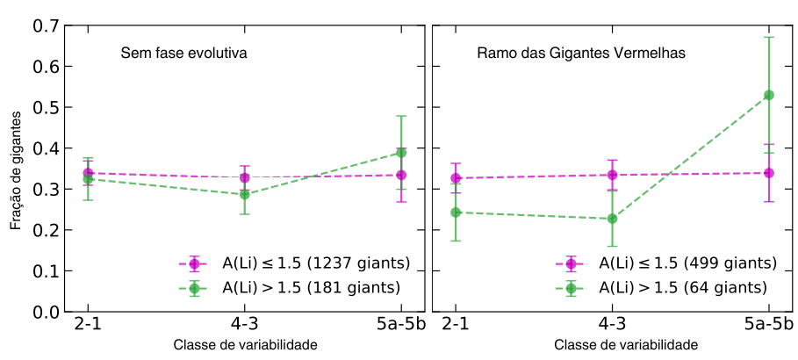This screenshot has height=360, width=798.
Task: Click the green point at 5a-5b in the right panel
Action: (x=769, y=95)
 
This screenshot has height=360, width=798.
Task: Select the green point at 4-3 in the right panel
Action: (x=612, y=219)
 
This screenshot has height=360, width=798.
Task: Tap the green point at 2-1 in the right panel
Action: (x=455, y=212)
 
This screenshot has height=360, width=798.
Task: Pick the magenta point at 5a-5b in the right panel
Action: (x=769, y=173)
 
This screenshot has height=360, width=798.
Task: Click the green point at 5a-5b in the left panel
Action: (x=401, y=153)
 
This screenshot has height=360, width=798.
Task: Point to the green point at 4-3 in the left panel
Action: (x=245, y=194)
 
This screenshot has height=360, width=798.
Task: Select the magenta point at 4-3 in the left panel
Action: (x=245, y=178)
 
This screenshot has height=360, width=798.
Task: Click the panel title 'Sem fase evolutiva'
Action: (x=183, y=54)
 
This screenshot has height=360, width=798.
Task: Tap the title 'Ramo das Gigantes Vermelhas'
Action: (x=580, y=54)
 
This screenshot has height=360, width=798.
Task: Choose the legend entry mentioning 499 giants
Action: (x=688, y=263)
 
